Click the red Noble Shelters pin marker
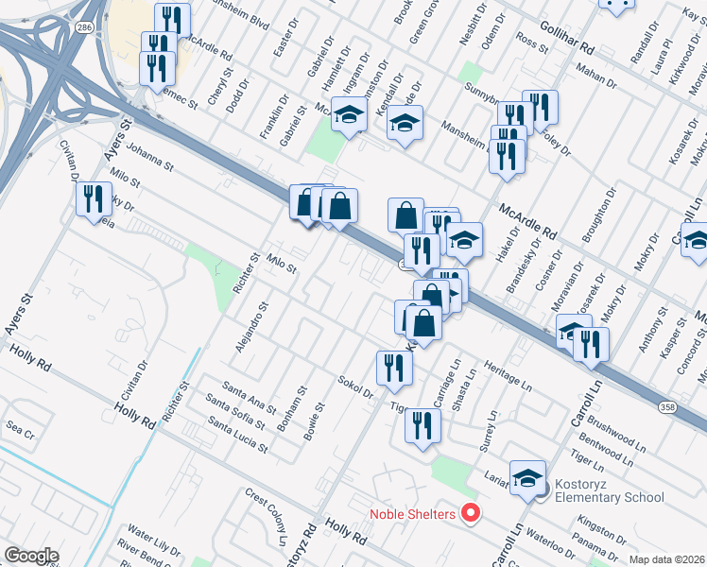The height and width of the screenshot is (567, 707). (470, 514)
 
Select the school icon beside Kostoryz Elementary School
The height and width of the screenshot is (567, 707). (527, 478)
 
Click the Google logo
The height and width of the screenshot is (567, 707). (31, 556)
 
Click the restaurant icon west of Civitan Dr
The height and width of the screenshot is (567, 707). (92, 198)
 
